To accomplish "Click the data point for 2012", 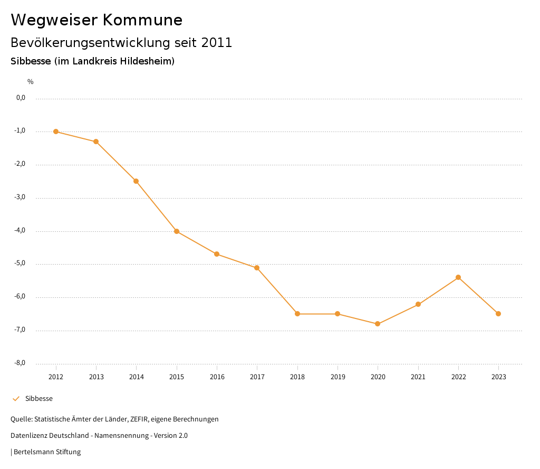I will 56,132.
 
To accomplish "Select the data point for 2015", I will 177,231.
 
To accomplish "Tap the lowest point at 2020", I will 378,324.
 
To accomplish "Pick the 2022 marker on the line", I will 458,277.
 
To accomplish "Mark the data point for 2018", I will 297,314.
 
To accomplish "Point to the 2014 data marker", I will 136,181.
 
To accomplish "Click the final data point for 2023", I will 498,314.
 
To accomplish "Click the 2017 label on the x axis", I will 257,377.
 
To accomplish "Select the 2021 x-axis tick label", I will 418,377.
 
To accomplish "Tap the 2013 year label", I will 96,377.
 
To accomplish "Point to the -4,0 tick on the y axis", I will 20,230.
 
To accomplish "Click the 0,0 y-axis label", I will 21,98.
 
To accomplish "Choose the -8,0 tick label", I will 20,363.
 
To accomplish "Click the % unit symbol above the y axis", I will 31,81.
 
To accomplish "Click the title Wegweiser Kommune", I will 97,20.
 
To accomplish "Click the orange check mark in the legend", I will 16,399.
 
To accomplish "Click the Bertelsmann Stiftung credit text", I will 47,452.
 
